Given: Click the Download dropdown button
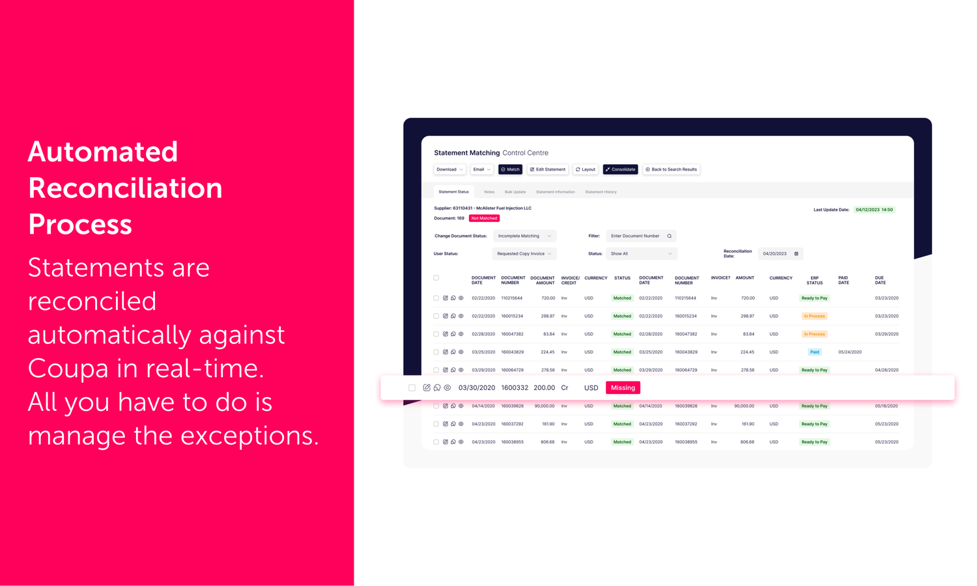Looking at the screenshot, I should click(x=449, y=169).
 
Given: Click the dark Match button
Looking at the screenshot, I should click(x=510, y=169).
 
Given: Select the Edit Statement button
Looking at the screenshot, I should click(x=548, y=169).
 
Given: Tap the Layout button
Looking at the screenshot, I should click(x=586, y=169).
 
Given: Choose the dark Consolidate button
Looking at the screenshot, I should click(x=620, y=169).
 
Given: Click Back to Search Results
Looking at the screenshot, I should click(x=671, y=169).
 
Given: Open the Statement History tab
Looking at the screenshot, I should click(x=601, y=192).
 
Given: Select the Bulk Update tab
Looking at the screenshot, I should click(x=515, y=192).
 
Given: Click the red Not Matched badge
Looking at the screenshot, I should click(x=484, y=218).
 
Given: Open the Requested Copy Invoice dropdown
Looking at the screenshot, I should click(x=524, y=254).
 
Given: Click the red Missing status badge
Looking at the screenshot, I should click(x=623, y=388).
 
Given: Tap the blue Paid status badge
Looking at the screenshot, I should click(x=814, y=352).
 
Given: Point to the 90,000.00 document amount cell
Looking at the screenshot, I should click(x=545, y=406).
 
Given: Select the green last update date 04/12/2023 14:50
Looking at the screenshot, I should click(x=874, y=210).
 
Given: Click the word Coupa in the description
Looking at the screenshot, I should click(x=68, y=369).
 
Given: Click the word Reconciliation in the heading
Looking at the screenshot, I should click(x=125, y=188).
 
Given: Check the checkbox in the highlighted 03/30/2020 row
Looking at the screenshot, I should click(x=412, y=388).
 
